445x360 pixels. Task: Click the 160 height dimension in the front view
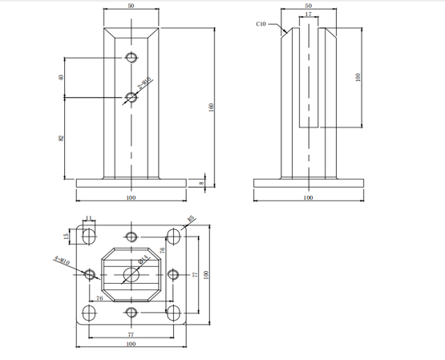point(211,107)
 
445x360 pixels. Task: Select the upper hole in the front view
point(131,58)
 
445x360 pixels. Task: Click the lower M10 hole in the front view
point(131,98)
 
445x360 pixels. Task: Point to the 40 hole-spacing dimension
point(61,78)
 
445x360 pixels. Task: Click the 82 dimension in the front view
point(61,138)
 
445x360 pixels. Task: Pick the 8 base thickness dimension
point(202,182)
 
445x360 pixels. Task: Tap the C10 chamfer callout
point(261,24)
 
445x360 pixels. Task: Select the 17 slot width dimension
point(309,14)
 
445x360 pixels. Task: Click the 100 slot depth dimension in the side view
point(358,78)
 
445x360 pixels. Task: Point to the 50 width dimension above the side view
point(309,6)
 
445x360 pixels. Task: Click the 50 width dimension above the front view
point(131,6)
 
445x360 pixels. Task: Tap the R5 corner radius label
point(192,218)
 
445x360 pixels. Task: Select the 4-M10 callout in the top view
point(61,259)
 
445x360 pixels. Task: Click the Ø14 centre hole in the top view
point(131,274)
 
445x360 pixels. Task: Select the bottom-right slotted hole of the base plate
point(172,312)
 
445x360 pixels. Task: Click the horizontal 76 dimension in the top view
point(99,298)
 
